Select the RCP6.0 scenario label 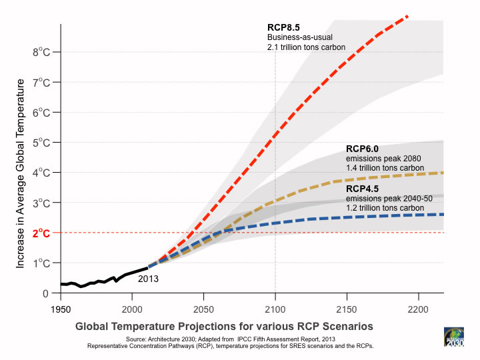click(x=363, y=149)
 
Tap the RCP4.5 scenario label click(x=363, y=189)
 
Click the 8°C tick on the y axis click(x=41, y=51)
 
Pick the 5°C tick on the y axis click(x=41, y=142)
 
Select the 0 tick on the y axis click(x=45, y=293)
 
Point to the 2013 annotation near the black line click(x=148, y=279)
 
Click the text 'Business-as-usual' click(x=299, y=37)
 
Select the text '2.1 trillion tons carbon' click(x=306, y=48)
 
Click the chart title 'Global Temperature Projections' click(x=223, y=327)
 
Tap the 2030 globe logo click(x=455, y=338)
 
